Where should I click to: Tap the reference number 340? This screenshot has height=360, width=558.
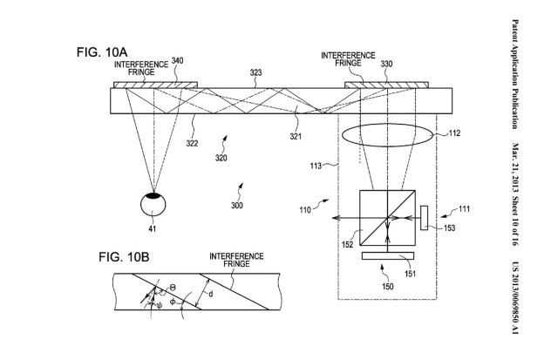pyautogui.click(x=178, y=60)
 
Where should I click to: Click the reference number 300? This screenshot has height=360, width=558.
pyautogui.click(x=236, y=206)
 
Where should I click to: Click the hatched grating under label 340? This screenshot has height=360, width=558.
pyautogui.click(x=155, y=85)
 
